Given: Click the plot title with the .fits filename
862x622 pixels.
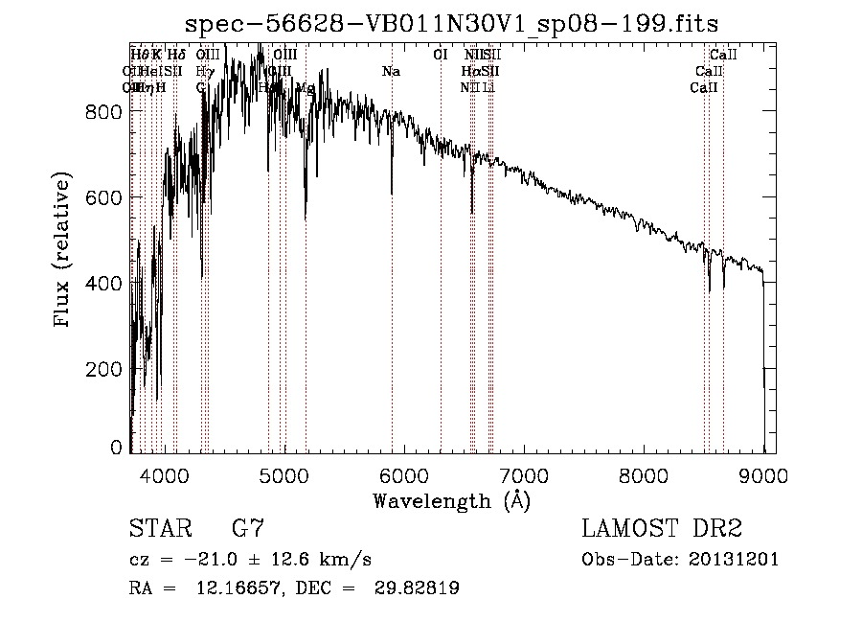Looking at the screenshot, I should point(453,23).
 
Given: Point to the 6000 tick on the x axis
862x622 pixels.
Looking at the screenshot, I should point(403,473).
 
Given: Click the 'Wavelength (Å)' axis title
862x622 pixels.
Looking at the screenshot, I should point(451,500).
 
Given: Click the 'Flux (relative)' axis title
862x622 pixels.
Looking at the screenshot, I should point(64,251).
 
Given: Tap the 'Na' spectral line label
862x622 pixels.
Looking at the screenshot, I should point(391,71).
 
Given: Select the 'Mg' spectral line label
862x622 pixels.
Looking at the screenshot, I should point(305,87).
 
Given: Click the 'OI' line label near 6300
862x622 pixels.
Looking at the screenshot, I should point(441,55).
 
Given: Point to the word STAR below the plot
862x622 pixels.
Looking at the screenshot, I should point(158,530).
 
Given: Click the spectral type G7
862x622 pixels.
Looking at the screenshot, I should point(248,530).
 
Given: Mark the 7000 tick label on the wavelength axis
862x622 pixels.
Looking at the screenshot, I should point(524,473).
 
